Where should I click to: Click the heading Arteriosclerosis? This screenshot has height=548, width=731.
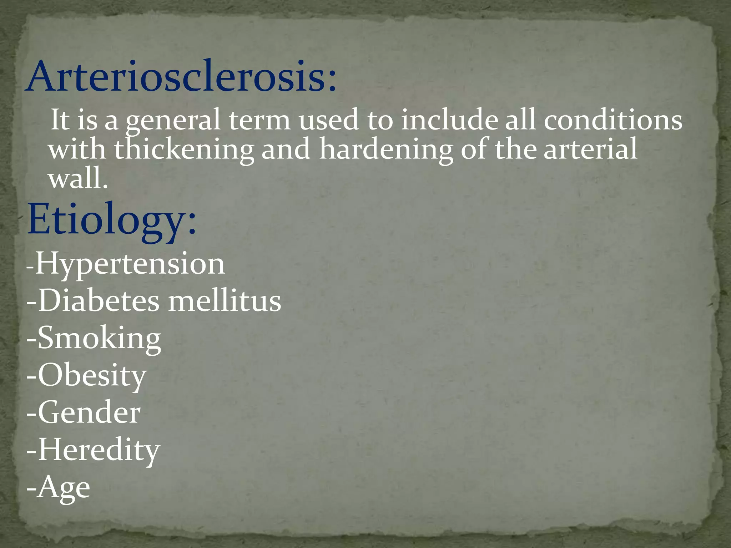click(x=181, y=77)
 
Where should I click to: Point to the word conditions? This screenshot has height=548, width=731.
click(x=613, y=120)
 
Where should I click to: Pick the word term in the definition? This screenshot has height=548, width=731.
click(x=259, y=121)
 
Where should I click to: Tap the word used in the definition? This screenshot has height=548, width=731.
click(x=328, y=121)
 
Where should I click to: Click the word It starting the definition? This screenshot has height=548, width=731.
click(x=60, y=120)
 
